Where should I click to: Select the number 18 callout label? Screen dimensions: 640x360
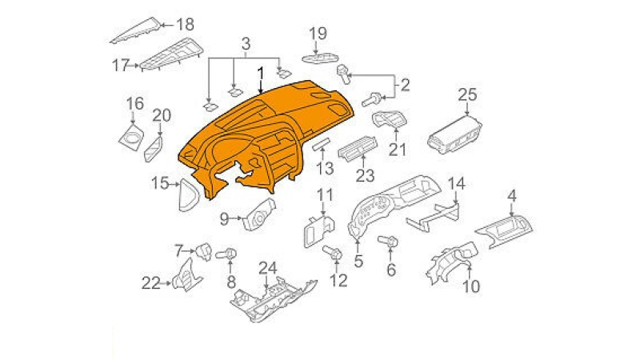[185, 25]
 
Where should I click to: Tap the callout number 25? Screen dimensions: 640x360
[467, 94]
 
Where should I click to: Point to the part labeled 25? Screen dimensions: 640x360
[454, 134]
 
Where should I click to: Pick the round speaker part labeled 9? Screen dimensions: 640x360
[259, 214]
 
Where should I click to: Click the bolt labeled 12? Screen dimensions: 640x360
[333, 252]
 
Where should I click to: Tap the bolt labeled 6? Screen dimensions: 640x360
[388, 242]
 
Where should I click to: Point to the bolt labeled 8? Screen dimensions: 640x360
[227, 254]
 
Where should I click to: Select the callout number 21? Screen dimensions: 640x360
[397, 150]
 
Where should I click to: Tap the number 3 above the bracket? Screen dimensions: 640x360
[246, 44]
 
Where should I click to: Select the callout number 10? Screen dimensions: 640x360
[471, 286]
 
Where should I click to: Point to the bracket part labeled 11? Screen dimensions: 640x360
[318, 231]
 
